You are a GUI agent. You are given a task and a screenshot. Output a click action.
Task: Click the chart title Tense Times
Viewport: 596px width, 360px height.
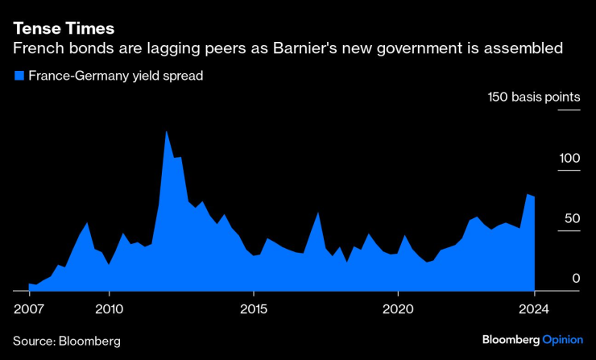point(63,28)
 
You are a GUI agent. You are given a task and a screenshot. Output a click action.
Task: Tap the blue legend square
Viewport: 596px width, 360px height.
point(19,77)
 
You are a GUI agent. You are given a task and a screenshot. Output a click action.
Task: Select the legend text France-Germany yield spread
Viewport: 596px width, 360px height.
point(115,77)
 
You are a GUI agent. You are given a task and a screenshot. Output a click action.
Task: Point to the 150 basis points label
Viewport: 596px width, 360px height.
point(533,97)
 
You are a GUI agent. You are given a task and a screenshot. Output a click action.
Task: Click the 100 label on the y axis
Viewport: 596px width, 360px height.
point(569,158)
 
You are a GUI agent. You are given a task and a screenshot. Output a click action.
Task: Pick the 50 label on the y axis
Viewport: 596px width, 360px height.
point(572,218)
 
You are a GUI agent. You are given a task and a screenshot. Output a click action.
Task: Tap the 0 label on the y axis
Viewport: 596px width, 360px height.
point(576,279)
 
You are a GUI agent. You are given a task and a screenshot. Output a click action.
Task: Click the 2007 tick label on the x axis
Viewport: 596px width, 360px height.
point(29,309)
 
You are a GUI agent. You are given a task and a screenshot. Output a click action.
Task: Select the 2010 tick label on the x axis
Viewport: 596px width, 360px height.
point(109,309)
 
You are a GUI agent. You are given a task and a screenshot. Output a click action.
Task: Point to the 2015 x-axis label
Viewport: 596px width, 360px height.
point(254,309)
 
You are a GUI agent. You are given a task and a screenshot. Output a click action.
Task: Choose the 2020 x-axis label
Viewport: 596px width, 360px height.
point(398,309)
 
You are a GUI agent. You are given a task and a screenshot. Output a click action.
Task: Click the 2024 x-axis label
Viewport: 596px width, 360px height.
point(535,309)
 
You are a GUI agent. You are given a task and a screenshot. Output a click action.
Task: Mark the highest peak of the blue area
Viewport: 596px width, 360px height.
point(166,131)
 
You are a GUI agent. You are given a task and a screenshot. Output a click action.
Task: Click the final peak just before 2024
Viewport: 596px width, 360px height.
point(527,195)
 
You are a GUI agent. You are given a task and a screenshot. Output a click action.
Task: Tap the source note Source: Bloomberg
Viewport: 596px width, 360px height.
point(67,341)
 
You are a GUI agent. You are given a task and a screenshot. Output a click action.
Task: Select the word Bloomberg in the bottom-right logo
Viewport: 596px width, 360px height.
point(511,340)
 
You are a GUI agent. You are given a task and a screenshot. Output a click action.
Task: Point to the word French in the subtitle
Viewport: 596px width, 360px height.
point(37,49)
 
